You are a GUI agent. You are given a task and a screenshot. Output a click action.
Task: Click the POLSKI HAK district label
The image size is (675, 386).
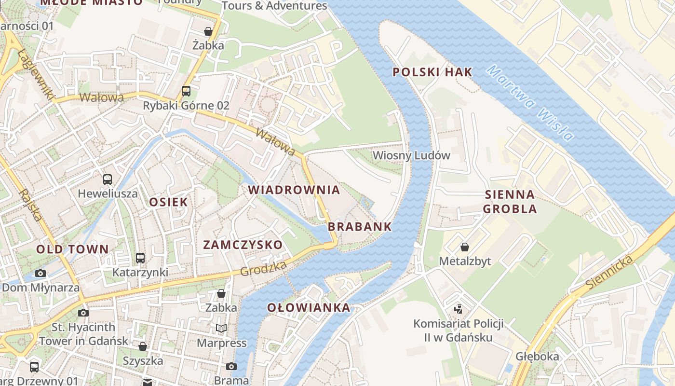point(432,72)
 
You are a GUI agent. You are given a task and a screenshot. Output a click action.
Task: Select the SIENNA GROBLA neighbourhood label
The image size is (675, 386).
point(510,202)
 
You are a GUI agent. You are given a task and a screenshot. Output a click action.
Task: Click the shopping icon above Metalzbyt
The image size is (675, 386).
point(464,247)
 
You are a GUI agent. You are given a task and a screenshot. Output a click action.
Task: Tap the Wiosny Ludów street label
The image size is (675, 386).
point(411,155)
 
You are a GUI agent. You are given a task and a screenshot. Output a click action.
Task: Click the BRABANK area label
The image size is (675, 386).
point(360,227)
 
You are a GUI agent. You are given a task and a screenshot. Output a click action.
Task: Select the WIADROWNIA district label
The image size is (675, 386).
point(294,190)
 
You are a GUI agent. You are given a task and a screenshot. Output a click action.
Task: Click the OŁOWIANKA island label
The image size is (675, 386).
point(309,308)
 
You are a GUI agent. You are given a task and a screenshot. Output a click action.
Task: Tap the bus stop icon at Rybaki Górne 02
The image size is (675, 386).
point(186,91)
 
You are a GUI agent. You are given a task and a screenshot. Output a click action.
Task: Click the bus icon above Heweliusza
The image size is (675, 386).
point(108,179)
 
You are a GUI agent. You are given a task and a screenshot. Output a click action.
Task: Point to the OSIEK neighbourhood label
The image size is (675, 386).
point(168,202)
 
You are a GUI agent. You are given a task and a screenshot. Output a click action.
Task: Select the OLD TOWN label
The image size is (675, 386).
point(73,249)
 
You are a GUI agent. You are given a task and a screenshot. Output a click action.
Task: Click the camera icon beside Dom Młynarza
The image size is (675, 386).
point(40,273)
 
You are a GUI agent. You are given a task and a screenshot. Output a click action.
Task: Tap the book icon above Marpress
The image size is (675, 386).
point(221,328)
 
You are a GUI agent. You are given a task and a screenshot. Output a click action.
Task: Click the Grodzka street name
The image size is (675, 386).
point(263,268)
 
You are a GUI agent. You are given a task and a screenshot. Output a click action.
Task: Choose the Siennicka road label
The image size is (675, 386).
point(608,273)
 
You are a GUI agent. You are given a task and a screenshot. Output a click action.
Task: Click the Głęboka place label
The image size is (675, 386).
point(538,357)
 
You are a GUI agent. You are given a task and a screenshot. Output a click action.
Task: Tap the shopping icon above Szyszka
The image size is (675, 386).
point(143,346)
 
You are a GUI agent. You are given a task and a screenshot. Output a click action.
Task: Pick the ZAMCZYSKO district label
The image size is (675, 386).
point(243,245)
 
